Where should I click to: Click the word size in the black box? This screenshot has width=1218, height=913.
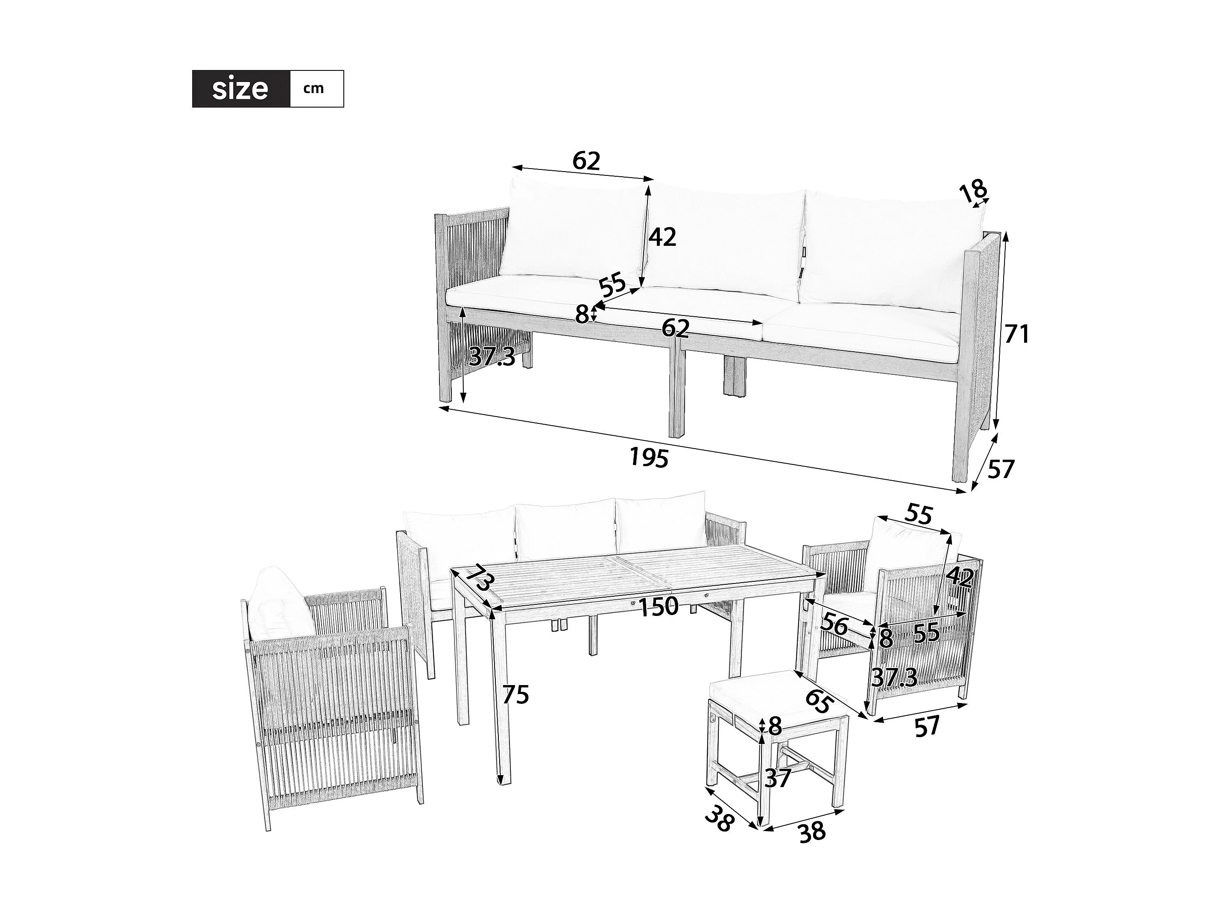[240, 89]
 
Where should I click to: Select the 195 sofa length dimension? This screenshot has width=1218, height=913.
[649, 457]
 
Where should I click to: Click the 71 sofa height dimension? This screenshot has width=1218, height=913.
[1016, 334]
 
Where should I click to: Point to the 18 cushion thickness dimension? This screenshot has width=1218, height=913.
[973, 191]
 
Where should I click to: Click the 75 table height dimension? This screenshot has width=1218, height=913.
[516, 694]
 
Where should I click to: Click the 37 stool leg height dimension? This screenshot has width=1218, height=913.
[779, 778]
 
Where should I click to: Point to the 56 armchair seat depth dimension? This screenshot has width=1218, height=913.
[834, 626]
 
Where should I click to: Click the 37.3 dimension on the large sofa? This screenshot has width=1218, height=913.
[492, 358]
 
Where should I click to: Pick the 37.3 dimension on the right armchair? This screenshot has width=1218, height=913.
[894, 678]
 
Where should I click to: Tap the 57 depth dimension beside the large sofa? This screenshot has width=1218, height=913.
[1001, 470]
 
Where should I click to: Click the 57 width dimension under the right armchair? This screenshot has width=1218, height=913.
[927, 727]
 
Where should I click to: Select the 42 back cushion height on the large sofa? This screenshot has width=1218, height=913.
[662, 237]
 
